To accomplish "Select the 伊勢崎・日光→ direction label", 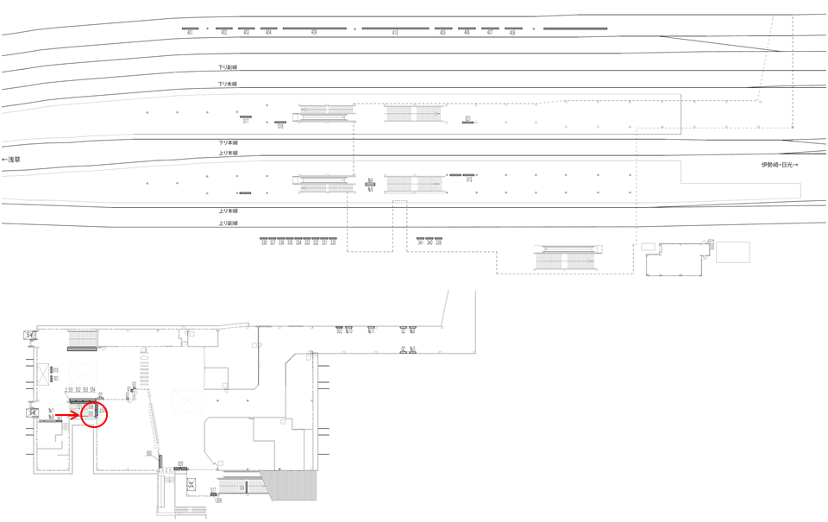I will [779, 165].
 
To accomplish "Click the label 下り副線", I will [228, 67].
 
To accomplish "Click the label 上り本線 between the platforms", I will [228, 154].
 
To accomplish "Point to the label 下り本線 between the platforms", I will [228, 142].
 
